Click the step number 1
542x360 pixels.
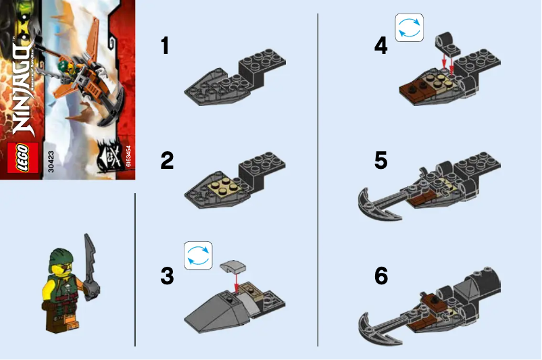164,46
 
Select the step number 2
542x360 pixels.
166,161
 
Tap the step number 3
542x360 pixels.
166,276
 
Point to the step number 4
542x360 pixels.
381,46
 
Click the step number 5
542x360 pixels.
381,161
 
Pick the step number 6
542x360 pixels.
381,276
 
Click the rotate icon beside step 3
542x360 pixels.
198,255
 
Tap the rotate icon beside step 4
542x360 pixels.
409,28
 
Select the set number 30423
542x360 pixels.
51,161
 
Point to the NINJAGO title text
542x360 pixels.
20,88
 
